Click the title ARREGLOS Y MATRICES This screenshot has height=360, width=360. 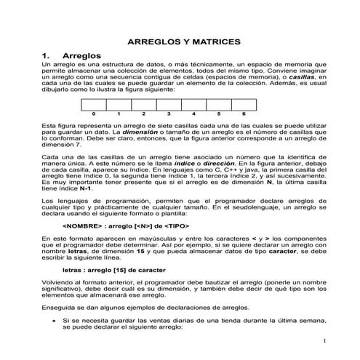[179, 42]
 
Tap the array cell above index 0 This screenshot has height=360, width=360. [94, 105]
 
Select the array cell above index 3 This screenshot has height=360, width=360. [168, 105]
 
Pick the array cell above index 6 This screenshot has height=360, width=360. [244, 105]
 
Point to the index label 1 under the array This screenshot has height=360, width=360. [118, 115]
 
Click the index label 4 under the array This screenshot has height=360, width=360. [193, 115]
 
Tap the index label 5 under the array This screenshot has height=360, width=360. [218, 115]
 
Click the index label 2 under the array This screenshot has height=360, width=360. [143, 115]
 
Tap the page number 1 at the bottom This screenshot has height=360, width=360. [322, 342]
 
